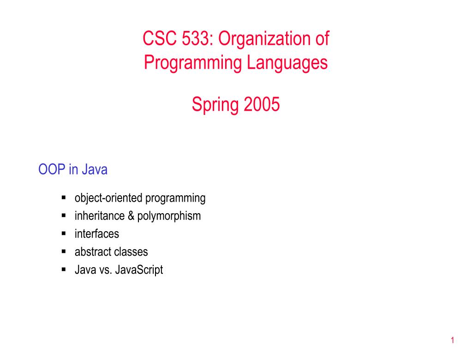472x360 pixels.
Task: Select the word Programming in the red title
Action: (185, 62)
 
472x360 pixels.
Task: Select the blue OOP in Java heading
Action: (73, 170)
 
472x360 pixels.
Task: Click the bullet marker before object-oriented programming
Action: (64, 198)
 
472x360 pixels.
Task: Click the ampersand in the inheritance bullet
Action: (131, 216)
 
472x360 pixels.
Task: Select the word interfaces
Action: (96, 234)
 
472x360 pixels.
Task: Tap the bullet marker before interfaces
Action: (64, 234)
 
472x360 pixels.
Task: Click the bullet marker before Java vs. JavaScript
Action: (64, 270)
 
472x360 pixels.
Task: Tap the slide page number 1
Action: (453, 341)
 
